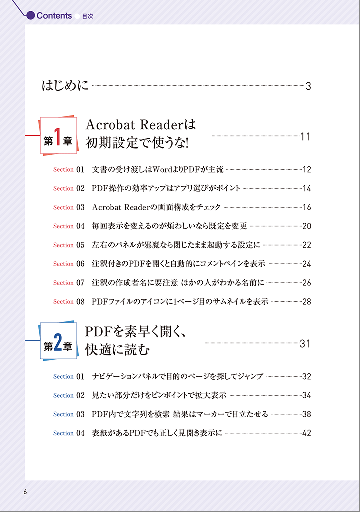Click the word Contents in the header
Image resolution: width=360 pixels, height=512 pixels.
[54, 15]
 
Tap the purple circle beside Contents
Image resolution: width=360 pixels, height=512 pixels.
[30, 15]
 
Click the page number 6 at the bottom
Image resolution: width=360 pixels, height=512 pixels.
[25, 492]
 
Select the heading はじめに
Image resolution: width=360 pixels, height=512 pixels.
[65, 85]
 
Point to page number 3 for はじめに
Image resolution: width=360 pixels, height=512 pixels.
[308, 86]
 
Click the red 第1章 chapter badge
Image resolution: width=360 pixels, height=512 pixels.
[58, 135]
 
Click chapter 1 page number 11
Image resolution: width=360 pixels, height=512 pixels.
[305, 137]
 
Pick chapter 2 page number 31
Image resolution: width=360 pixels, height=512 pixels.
[305, 344]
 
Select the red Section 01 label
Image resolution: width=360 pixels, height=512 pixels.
[69, 170]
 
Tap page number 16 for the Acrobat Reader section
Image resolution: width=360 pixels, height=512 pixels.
[307, 207]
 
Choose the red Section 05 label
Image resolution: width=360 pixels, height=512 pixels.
[69, 245]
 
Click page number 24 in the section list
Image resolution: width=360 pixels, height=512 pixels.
[307, 264]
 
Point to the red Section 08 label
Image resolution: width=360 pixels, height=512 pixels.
[69, 302]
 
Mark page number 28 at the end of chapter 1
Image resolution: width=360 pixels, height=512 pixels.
[307, 302]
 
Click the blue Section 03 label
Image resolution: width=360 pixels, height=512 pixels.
[69, 414]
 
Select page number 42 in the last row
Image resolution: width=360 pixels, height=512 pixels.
[307, 433]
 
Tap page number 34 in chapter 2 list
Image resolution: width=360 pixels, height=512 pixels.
[307, 396]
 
